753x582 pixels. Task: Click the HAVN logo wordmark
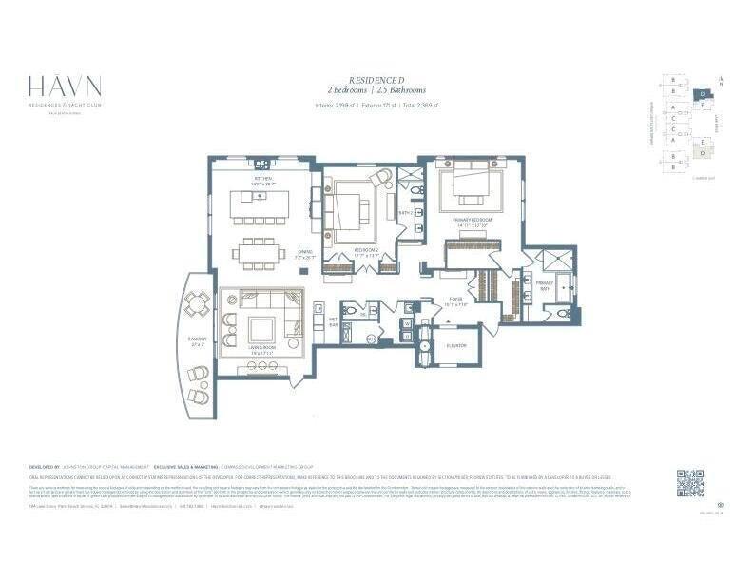click(x=64, y=85)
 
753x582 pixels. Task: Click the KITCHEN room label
click(x=262, y=178)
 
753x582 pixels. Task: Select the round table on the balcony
click(x=198, y=304)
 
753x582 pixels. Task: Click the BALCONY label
click(x=197, y=339)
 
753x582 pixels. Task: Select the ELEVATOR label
click(x=455, y=345)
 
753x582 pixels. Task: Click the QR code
click(x=690, y=482)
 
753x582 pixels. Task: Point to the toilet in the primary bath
click(x=563, y=313)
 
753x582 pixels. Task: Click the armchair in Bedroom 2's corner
click(x=381, y=179)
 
